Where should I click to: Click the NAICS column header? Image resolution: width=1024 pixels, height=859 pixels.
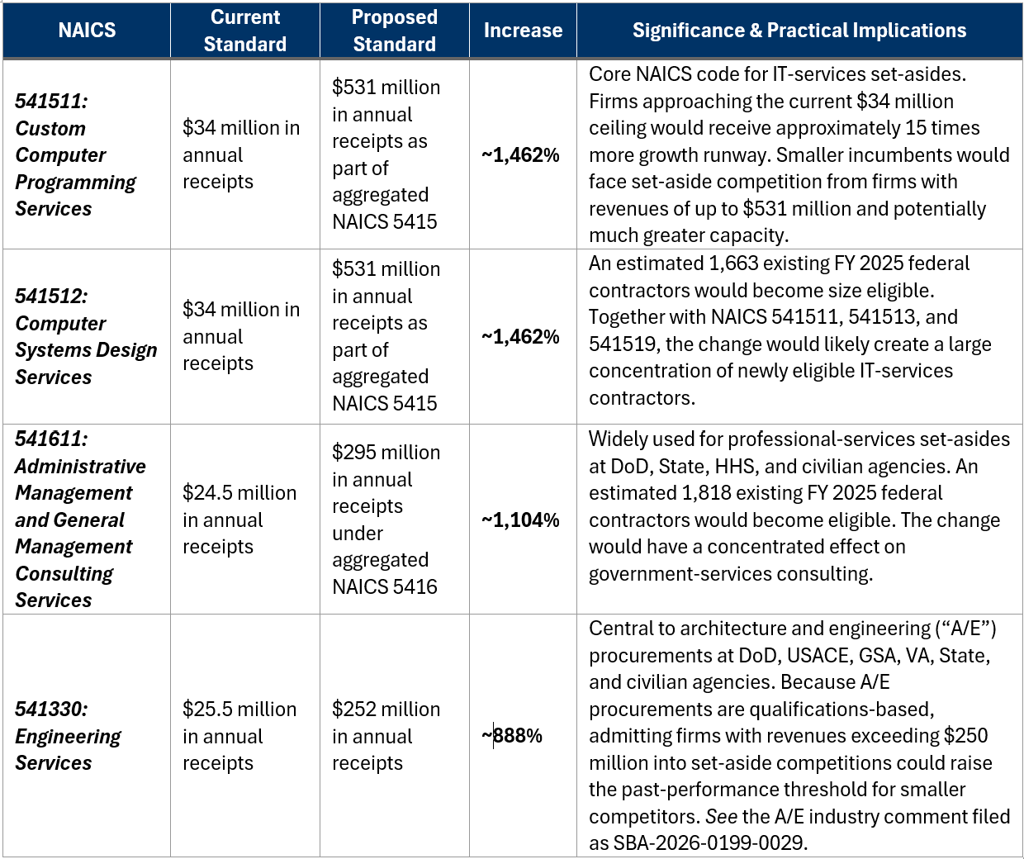87,31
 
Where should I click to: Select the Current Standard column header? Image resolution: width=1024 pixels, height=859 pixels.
245,31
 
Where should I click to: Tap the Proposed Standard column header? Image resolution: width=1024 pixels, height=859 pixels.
394,31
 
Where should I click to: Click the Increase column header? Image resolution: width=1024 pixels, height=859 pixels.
523,31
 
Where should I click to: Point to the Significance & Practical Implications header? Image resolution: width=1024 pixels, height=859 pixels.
799,31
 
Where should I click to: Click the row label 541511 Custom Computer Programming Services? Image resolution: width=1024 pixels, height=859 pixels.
75,154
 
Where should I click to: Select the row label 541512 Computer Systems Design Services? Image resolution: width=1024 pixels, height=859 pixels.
86,336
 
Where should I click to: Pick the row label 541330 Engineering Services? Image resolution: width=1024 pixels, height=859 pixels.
68,736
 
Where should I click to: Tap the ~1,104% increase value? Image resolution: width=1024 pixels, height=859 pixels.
520,520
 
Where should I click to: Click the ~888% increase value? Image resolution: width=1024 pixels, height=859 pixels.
512,736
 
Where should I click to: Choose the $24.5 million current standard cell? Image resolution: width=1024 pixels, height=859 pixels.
239,520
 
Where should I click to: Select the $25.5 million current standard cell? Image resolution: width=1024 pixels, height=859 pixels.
239,736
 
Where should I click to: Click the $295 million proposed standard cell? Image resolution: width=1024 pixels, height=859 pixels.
386,520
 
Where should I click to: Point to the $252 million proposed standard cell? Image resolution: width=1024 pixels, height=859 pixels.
386,736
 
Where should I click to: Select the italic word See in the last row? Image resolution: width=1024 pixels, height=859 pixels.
722,816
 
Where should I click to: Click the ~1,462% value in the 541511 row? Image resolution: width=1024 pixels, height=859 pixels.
520,155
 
